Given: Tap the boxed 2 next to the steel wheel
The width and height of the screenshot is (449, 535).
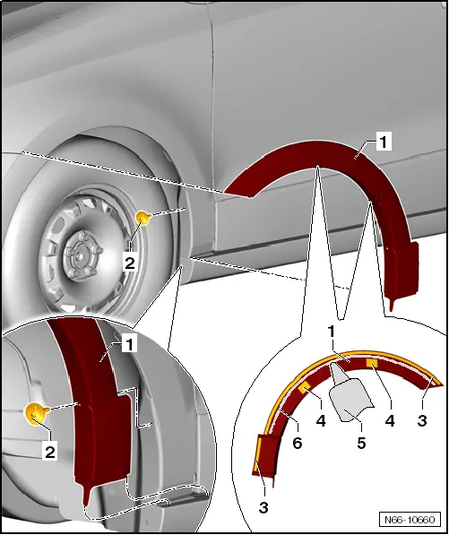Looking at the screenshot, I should point(130,263).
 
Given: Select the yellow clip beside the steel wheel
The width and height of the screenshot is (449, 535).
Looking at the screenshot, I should point(142,217).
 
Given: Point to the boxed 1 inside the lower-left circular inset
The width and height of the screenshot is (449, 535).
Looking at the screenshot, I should point(128,343).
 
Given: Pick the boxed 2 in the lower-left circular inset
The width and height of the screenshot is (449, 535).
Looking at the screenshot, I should point(50,453).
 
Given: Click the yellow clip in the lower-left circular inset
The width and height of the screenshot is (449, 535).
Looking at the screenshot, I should point(35,413).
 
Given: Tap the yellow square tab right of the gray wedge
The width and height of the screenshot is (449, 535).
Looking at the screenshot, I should point(370,363).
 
